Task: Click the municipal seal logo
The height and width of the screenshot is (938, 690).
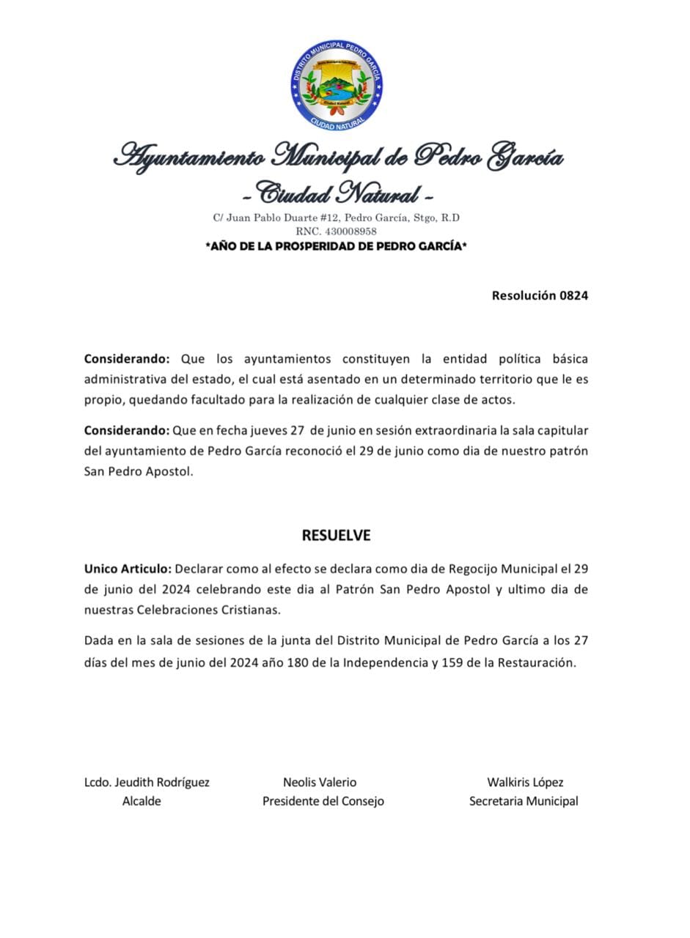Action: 337,86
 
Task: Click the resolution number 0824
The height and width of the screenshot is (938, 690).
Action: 573,296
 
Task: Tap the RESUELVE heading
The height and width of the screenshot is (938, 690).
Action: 337,536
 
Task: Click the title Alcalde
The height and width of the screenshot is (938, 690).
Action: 142,802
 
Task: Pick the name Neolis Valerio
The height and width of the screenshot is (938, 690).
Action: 320,783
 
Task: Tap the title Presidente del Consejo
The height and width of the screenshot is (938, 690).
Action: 323,802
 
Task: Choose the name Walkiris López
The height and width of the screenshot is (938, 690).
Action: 525,783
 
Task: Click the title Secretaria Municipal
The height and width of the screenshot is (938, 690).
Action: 524,802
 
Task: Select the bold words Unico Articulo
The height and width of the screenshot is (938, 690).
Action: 128,569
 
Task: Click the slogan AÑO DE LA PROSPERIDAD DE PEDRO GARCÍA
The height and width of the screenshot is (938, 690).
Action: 337,246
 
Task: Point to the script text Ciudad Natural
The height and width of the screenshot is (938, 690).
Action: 338,194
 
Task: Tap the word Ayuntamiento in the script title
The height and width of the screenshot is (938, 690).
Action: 189,156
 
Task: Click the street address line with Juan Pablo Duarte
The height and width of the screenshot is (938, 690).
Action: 337,218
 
